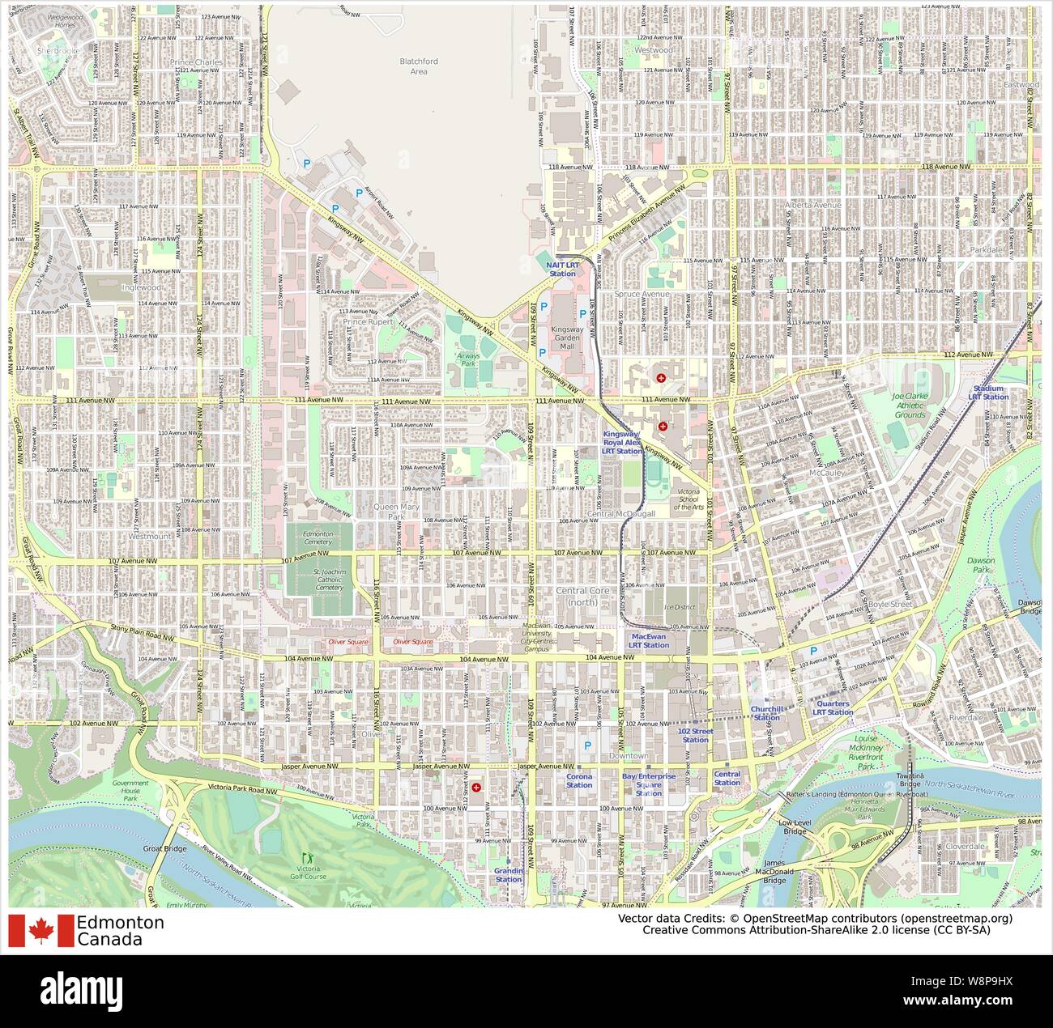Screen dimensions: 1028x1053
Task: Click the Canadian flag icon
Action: [x=40, y=931]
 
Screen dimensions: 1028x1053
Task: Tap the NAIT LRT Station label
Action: [x=562, y=270]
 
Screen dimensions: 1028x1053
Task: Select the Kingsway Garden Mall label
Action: [x=567, y=338]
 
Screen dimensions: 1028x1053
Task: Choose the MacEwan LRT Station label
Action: [x=650, y=641]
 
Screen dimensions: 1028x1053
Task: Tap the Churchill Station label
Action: [x=767, y=713]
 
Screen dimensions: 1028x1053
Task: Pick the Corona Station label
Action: [x=579, y=780]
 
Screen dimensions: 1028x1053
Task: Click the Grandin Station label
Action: [x=509, y=875]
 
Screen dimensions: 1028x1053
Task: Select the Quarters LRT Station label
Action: [x=833, y=708]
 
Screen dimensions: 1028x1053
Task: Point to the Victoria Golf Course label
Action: [x=307, y=872]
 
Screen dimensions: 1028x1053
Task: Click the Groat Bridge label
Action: [x=165, y=848]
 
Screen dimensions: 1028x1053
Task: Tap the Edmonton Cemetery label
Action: [x=318, y=537]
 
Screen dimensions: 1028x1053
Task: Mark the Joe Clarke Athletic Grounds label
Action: [x=910, y=406]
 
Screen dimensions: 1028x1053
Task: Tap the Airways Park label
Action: [x=467, y=359]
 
